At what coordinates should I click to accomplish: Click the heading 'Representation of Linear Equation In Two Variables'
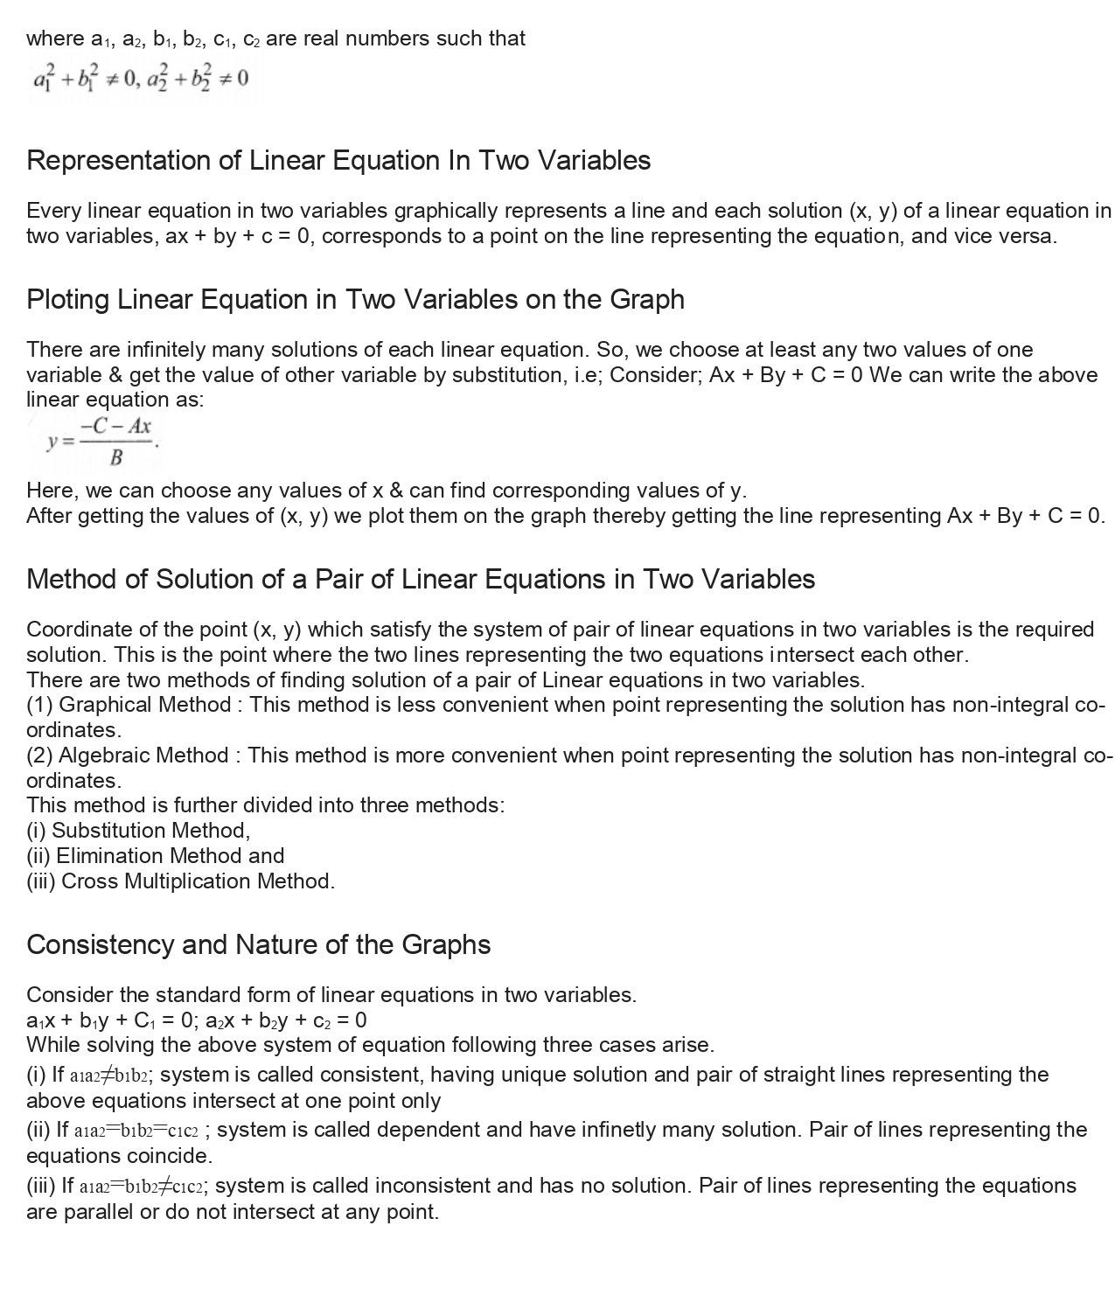click(x=338, y=161)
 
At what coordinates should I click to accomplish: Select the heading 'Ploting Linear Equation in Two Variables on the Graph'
click(x=355, y=300)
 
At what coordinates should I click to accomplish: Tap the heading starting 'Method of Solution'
click(x=421, y=580)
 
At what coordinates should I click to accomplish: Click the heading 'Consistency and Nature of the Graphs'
click(x=258, y=945)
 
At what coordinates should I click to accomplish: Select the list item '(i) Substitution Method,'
click(x=138, y=831)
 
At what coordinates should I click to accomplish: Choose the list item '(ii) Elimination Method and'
click(x=155, y=856)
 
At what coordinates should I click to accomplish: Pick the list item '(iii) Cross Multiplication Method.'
click(x=180, y=881)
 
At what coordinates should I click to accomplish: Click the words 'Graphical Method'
click(x=144, y=705)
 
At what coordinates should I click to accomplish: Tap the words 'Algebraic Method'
click(x=143, y=755)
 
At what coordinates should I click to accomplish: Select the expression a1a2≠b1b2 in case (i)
click(x=112, y=1076)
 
